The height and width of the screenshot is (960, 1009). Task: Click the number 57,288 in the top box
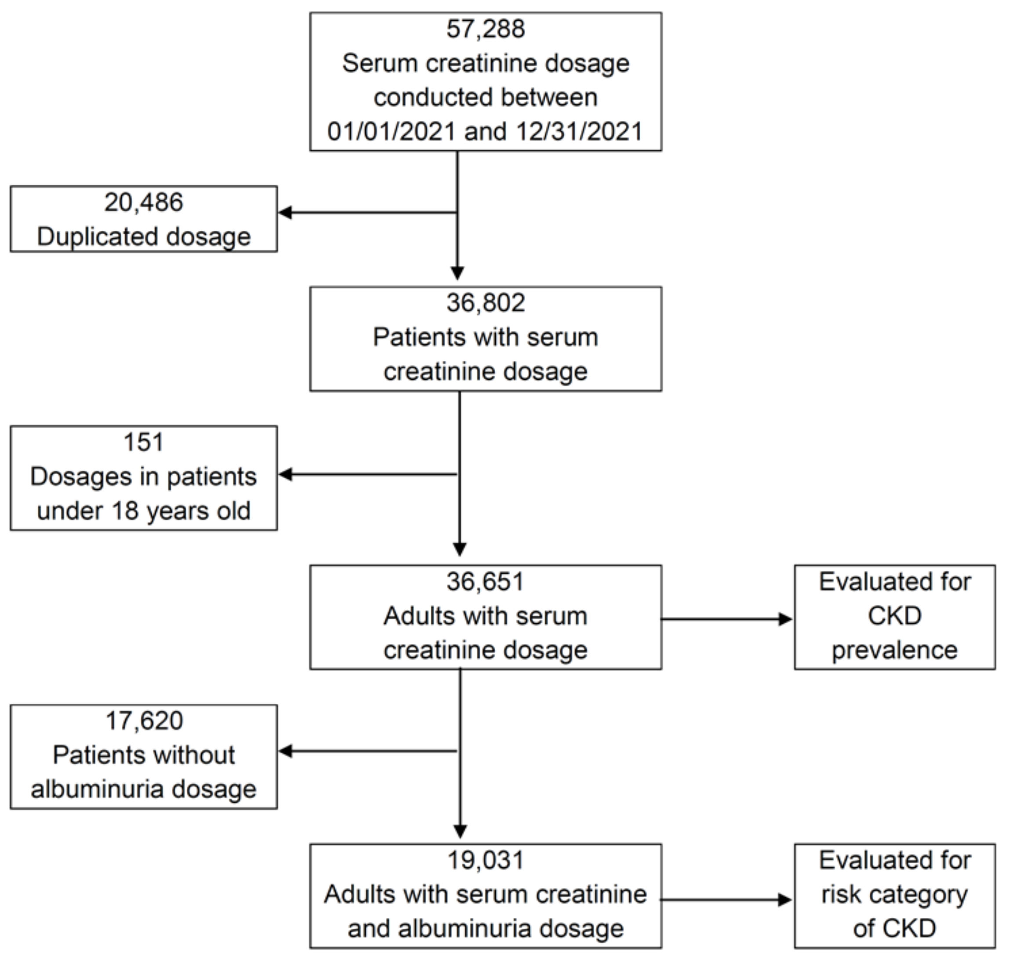tap(485, 29)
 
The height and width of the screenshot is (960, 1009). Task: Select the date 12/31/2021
tap(579, 131)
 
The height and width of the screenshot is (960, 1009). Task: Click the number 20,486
tap(144, 202)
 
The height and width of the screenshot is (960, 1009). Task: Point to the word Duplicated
tap(97, 236)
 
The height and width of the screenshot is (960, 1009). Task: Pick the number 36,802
tap(485, 303)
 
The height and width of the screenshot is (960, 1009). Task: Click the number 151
tap(144, 442)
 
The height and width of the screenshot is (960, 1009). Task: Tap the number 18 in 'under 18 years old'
tap(124, 511)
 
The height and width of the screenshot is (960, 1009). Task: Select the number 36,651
tap(485, 582)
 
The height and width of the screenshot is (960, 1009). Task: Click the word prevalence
tap(894, 651)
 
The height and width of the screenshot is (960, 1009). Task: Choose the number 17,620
tap(144, 721)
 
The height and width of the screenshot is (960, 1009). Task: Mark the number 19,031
tap(485, 860)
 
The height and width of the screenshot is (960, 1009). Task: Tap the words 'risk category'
tap(894, 895)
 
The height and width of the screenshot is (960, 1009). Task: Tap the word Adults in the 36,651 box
tap(415, 616)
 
